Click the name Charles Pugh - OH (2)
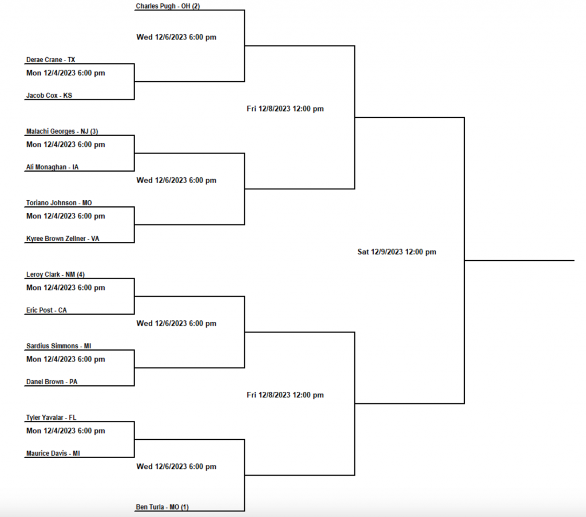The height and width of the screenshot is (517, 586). point(168,6)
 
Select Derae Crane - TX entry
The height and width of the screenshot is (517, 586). point(51,59)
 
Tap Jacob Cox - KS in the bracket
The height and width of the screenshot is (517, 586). point(49,96)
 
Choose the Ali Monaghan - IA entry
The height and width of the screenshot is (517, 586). point(53,167)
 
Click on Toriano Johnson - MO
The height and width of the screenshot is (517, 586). point(59,203)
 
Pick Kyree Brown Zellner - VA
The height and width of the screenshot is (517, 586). point(63,238)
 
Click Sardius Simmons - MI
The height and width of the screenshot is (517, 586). point(59,346)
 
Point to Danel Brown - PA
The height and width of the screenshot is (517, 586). point(52,381)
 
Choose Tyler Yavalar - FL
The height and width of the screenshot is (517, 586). point(52,417)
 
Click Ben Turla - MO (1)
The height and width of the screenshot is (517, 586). point(163,507)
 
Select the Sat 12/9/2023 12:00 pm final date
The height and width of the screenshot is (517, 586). point(397,252)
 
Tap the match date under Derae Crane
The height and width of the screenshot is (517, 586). point(66,73)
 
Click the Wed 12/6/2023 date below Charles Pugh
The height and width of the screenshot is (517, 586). point(176,37)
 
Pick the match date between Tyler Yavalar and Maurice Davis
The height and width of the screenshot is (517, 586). point(66,431)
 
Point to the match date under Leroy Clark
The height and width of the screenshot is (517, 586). point(66,288)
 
